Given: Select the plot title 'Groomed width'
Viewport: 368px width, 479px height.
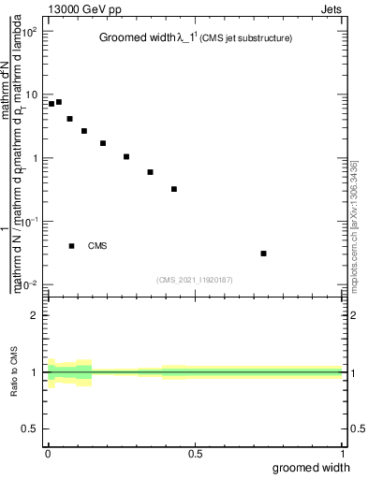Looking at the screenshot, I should point(136,38).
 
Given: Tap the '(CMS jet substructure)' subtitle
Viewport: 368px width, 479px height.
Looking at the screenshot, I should point(245,38).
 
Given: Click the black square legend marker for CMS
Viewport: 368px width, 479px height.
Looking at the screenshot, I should point(71,246).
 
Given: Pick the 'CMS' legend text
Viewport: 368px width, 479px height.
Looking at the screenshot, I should point(97,246).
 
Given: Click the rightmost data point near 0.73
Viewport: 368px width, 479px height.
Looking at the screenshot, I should point(264,254).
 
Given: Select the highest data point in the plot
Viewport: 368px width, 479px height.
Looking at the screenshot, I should point(59,102).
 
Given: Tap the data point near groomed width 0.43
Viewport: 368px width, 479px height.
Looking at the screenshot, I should point(174,189).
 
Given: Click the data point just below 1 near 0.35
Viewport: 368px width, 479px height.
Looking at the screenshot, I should point(151,172).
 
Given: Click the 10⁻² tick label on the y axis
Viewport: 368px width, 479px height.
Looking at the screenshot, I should point(30,284).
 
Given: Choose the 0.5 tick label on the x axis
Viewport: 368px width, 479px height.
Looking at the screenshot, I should point(195,454).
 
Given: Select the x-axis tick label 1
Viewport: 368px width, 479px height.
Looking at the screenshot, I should point(345,454).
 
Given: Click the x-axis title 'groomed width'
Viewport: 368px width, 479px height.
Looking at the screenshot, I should point(317,468).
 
